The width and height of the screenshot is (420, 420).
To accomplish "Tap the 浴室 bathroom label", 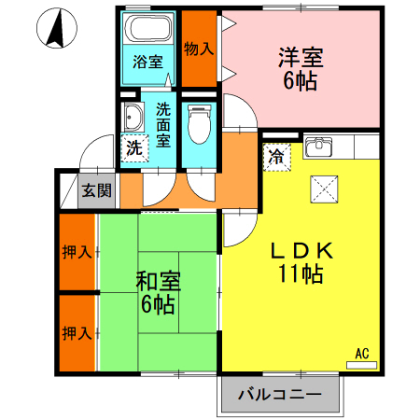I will [148, 63].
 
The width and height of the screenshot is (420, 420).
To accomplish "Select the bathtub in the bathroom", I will [148, 31].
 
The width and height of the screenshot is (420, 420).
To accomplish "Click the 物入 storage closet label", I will [198, 49].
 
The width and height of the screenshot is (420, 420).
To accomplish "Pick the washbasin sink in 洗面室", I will [133, 118].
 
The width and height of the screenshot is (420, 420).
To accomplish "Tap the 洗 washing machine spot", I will [134, 147].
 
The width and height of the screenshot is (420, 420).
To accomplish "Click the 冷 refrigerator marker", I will [277, 157].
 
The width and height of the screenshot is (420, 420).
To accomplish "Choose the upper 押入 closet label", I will [77, 252].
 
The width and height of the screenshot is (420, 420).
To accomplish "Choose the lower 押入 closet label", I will [77, 333].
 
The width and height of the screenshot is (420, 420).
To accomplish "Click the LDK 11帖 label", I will [301, 262].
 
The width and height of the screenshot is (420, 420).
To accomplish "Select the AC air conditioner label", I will [362, 354].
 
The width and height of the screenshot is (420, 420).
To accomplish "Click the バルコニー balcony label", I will [279, 395].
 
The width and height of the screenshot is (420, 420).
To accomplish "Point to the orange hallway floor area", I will [238, 173].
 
